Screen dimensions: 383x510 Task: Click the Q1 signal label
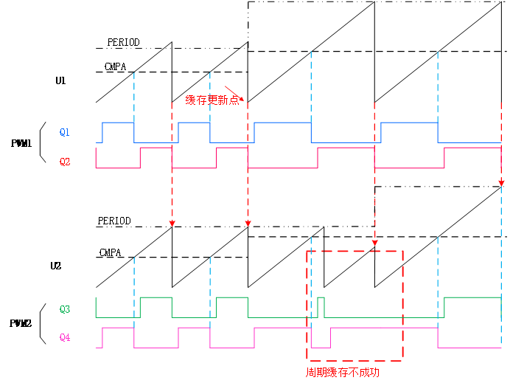(65, 133)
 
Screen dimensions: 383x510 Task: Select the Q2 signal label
(65, 162)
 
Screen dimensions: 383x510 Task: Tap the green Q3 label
(65, 310)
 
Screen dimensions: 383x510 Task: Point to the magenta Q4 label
(65, 338)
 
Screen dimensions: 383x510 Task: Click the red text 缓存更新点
(212, 100)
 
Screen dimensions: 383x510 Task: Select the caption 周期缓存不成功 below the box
(343, 372)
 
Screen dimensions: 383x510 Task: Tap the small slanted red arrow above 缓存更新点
(233, 92)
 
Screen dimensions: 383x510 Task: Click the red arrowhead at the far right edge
(501, 182)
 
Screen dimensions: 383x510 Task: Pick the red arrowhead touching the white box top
(374, 241)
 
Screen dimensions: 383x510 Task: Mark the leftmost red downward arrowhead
(172, 222)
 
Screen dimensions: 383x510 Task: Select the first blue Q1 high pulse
(118, 123)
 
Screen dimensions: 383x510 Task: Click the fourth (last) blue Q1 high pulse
(409, 123)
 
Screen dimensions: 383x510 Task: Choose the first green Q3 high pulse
(156, 297)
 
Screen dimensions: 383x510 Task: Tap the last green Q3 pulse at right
(472, 297)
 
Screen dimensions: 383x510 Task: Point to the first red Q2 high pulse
(156, 148)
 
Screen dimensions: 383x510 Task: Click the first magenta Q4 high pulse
(118, 328)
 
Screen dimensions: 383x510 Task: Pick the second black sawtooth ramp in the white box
(389, 275)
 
